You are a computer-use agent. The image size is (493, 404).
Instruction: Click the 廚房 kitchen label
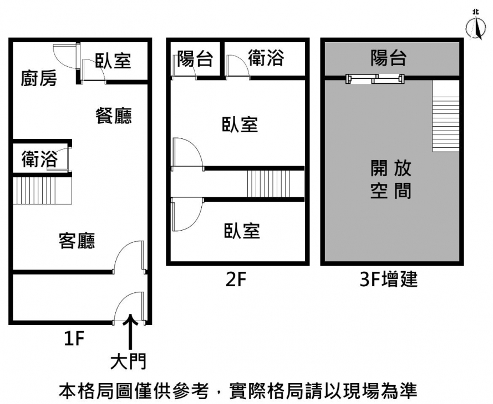[39, 78]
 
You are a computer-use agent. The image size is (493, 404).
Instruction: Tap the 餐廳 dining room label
[114, 116]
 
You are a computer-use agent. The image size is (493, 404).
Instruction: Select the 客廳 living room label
[77, 241]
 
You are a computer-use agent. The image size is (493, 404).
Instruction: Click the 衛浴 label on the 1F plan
[39, 159]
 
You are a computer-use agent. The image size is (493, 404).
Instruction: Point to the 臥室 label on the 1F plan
[113, 61]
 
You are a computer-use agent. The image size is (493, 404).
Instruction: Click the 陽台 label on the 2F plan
[195, 59]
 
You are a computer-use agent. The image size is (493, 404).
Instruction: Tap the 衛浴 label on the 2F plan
[266, 58]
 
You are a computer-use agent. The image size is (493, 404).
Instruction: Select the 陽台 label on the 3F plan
[389, 57]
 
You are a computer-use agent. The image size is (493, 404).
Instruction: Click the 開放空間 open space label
[390, 179]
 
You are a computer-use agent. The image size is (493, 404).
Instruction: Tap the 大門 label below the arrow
[129, 362]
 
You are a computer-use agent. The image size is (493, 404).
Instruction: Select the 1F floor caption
[74, 338]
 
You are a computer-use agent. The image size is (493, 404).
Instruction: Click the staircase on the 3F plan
[446, 116]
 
